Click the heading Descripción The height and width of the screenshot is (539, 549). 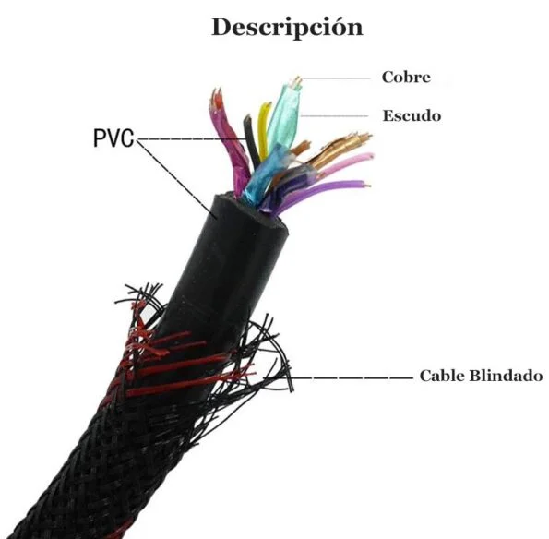click(288, 28)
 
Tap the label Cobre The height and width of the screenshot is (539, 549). click(406, 77)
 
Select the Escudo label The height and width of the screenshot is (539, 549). click(412, 115)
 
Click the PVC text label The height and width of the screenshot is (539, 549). click(113, 138)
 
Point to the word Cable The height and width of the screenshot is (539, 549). click(442, 376)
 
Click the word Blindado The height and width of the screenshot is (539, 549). click(506, 376)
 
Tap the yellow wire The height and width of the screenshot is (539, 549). click(263, 130)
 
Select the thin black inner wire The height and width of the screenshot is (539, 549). click(251, 140)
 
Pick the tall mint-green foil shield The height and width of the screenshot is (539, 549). click(285, 115)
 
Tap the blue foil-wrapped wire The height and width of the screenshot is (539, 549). click(263, 175)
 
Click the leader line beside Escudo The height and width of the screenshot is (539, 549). click(334, 115)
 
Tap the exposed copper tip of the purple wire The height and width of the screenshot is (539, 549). click(367, 186)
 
